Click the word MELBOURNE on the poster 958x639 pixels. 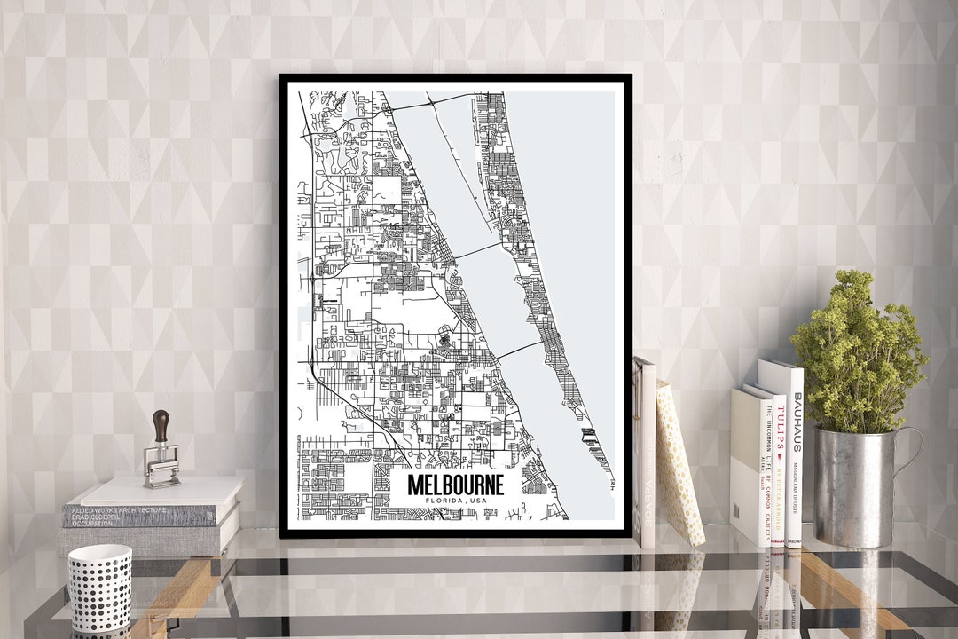coord(456,485)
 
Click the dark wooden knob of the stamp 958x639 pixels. coord(160,425)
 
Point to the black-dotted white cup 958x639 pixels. coord(99,588)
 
